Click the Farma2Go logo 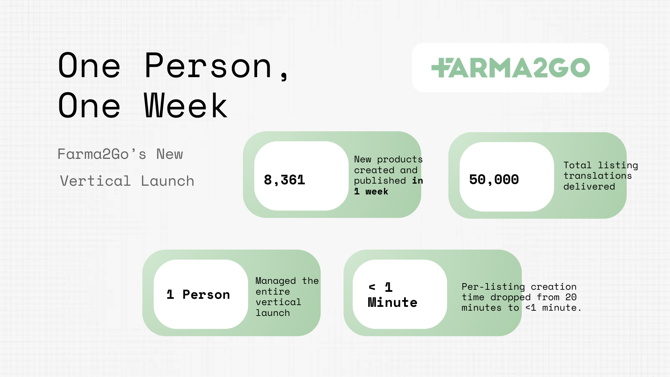pos(511,68)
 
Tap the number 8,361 pos(284,180)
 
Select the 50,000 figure pos(494,180)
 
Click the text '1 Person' pos(198,295)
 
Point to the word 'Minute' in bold pos(393,302)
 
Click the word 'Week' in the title pos(186,106)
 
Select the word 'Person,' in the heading pos(216,66)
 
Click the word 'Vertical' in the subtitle pos(95,181)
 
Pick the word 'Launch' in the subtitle pos(167,181)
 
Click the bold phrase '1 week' pos(371,191)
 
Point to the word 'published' pos(380,181)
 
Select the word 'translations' pos(598,176)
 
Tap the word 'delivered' pos(589,186)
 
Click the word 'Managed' pos(276,281)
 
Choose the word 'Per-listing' pos(493,287)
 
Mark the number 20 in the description pos(571,297)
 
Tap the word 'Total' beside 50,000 pos(578,165)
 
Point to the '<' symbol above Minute pos(372,287)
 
